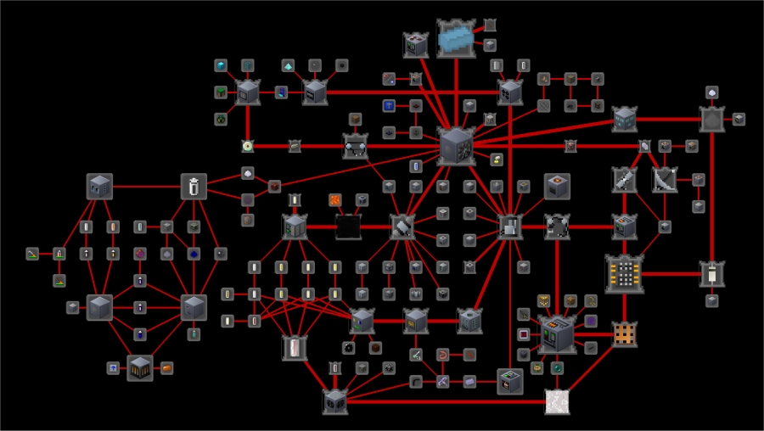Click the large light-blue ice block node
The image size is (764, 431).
457,38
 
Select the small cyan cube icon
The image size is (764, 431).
221,65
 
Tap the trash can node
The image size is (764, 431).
194,186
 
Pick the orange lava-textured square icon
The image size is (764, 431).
335,200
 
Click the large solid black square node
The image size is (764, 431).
349,227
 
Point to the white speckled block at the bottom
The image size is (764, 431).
556,400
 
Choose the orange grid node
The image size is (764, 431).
625,333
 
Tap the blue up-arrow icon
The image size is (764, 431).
111,367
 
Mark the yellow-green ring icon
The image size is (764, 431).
248,146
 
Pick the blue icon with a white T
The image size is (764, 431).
389,105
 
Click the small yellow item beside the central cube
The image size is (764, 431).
497,159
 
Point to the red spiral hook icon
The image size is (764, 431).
442,354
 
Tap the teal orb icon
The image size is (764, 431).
557,367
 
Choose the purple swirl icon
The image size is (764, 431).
591,321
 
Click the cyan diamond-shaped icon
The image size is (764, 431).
289,65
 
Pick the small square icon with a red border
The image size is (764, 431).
524,333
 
